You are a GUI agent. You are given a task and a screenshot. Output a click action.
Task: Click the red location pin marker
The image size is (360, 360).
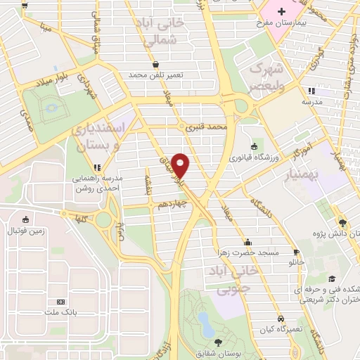click(x=181, y=166)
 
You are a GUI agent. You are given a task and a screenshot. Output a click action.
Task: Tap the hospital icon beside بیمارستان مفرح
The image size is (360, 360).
click(x=282, y=12)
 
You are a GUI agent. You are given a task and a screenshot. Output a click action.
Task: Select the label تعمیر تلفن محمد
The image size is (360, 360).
click(x=155, y=75)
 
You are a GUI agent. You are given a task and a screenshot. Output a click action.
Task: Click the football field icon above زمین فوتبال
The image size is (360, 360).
click(x=26, y=219)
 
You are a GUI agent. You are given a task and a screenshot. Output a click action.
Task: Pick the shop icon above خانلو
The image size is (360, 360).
click(x=296, y=252)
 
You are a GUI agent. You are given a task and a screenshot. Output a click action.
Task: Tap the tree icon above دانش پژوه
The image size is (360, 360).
click(x=342, y=219)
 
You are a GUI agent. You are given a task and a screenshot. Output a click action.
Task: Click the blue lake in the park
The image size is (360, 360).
click(x=205, y=325)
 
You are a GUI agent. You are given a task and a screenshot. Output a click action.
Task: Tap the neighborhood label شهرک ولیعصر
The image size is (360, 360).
click(x=266, y=77)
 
